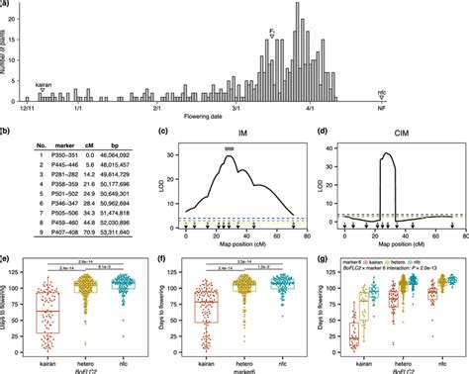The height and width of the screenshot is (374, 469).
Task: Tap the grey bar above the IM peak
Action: [x=230, y=147]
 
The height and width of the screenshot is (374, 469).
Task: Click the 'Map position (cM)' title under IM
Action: [x=233, y=244]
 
